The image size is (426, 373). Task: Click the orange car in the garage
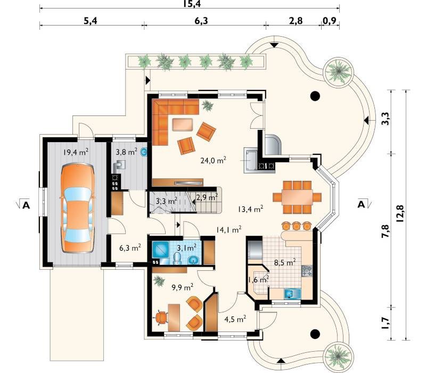click(77, 209)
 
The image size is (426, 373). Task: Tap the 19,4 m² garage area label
click(76, 152)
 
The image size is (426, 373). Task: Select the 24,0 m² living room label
click(214, 160)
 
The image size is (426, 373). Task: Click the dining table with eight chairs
click(297, 197)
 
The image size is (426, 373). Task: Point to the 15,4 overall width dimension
click(192, 4)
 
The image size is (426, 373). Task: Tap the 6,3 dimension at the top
click(201, 21)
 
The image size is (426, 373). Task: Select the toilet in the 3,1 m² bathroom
click(177, 258)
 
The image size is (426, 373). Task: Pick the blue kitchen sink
click(292, 294)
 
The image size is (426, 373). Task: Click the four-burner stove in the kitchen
click(307, 271)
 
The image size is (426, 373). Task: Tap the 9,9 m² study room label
click(183, 287)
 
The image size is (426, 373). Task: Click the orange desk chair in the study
click(161, 317)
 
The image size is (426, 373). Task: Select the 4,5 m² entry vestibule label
click(235, 319)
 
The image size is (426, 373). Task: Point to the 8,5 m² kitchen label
click(285, 262)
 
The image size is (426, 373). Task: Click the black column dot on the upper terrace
click(315, 96)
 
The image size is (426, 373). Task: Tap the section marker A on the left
click(26, 205)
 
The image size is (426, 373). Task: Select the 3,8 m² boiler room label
click(126, 152)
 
